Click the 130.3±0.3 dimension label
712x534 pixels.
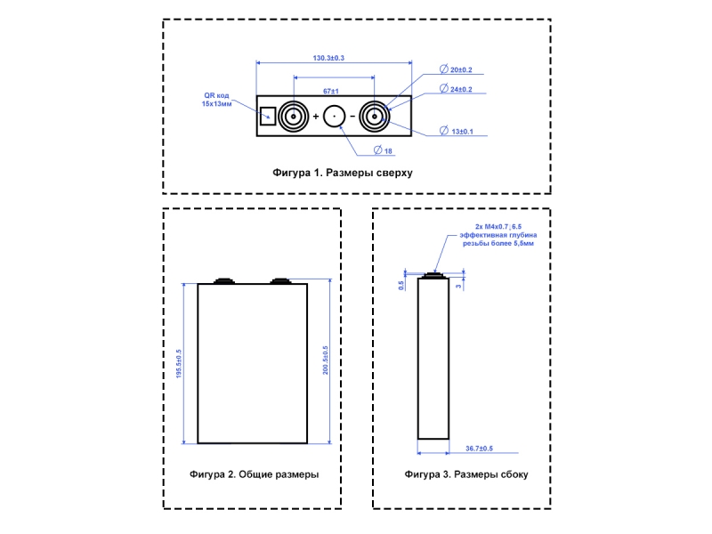coord(328,57)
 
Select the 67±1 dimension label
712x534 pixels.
coord(333,91)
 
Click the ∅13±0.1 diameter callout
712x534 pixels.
coord(461,132)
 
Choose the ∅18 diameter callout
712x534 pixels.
coord(384,150)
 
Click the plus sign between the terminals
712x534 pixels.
coord(315,117)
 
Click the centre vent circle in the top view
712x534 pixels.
coord(335,117)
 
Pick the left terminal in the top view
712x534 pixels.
coord(292,117)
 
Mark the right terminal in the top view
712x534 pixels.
coord(372,117)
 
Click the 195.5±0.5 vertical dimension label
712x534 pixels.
coord(180,362)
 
